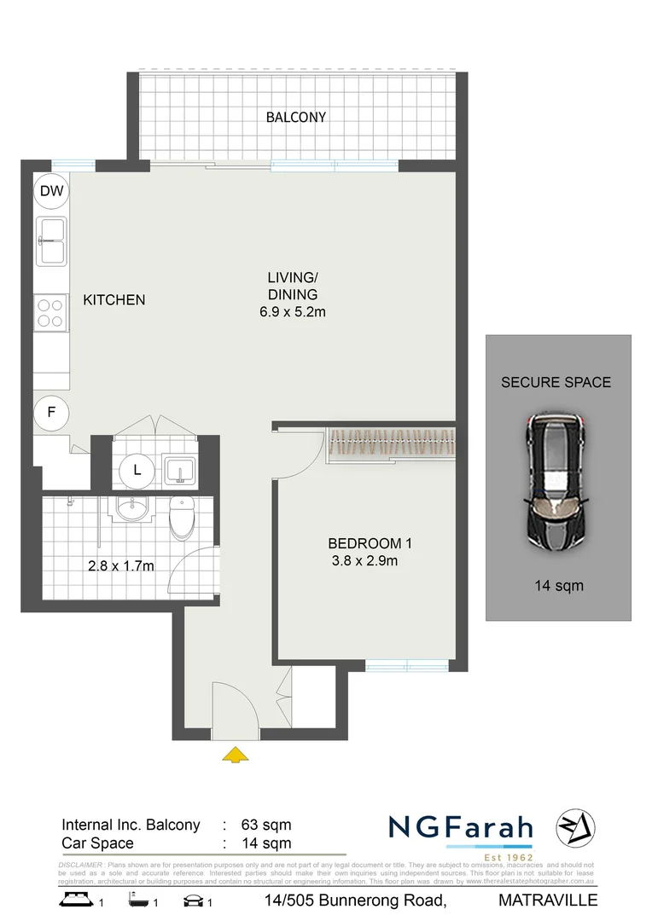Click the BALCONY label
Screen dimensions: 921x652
[x=295, y=117]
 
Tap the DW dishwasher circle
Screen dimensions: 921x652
[x=51, y=192]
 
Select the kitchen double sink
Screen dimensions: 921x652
[x=51, y=241]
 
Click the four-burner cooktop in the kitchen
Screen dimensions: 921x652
[x=51, y=311]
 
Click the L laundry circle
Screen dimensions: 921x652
[x=137, y=468]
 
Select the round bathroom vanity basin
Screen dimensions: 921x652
[x=131, y=512]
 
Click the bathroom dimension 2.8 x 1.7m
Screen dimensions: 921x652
[x=120, y=565]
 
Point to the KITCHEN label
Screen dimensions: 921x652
[x=114, y=300]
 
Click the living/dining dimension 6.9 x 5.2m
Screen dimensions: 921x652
[x=293, y=312]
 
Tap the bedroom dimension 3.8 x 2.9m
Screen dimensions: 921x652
[x=365, y=560]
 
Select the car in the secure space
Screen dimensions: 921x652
[x=556, y=483]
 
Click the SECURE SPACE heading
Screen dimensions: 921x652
[x=556, y=382]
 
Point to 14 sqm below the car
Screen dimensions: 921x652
[x=559, y=585]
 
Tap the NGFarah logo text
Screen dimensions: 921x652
[x=461, y=827]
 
